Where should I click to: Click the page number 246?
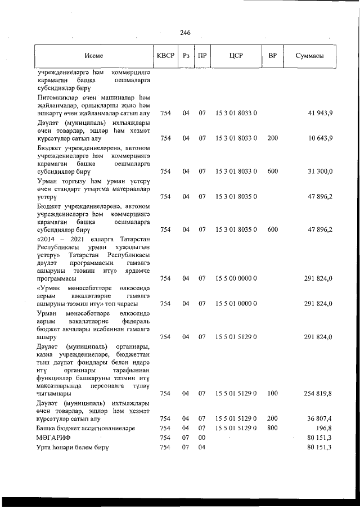pyautogui.click(x=185, y=33)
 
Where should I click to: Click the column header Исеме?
pyautogui.click(x=94, y=56)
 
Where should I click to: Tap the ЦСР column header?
pyautogui.click(x=236, y=56)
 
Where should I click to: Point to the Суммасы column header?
pyautogui.click(x=310, y=56)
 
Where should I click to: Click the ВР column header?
pyautogui.click(x=272, y=56)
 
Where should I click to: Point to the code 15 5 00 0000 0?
pyautogui.click(x=236, y=278)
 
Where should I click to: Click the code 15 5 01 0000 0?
pyautogui.click(x=236, y=304)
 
